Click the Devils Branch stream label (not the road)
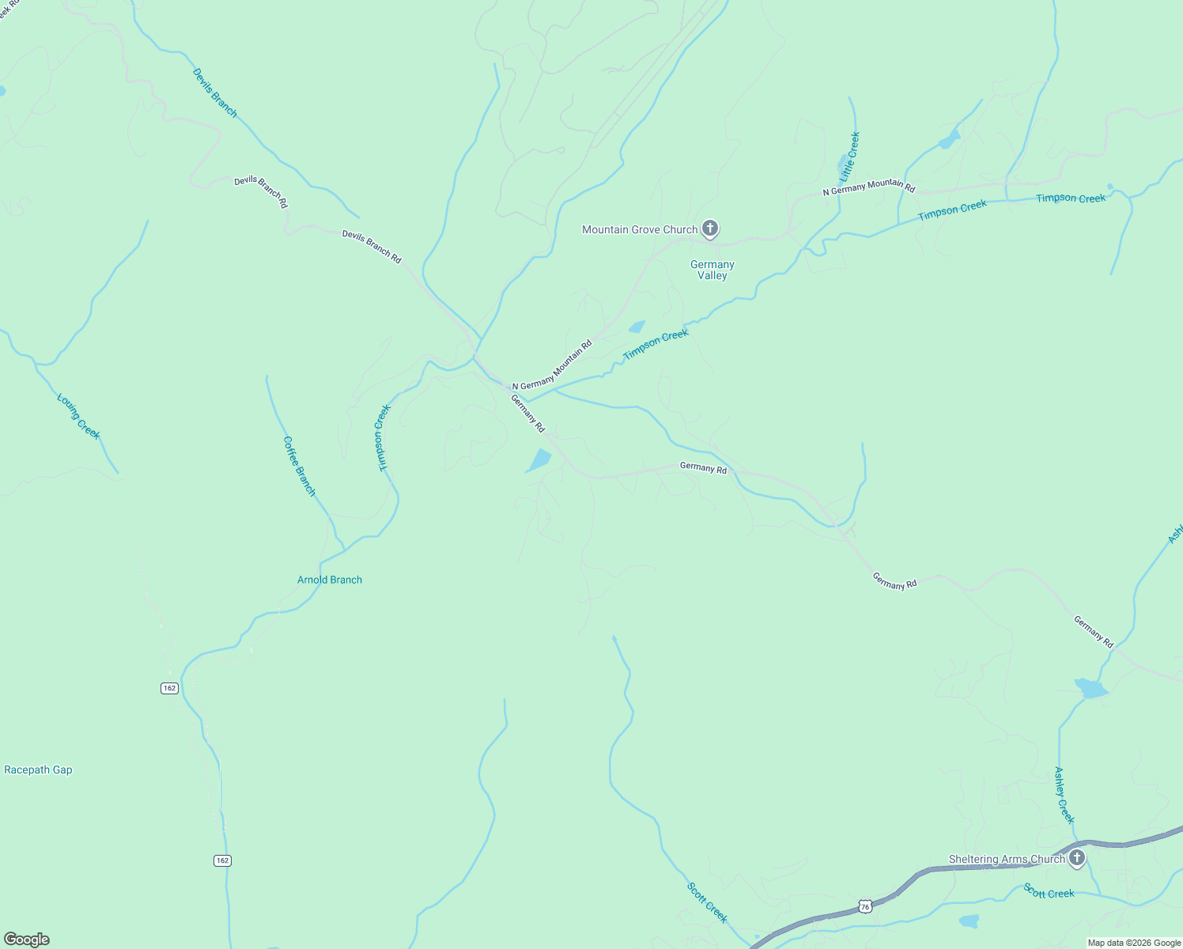coord(214,93)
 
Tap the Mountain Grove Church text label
coord(639,229)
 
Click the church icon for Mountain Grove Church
coord(710,229)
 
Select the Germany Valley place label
coord(712,270)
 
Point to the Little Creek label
coord(850,155)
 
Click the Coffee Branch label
coord(299,466)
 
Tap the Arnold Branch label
coord(330,580)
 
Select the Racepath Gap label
coord(38,769)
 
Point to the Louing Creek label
coord(78,416)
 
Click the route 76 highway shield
coord(865,906)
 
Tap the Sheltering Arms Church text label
coord(1007,859)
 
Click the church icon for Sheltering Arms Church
coord(1076,858)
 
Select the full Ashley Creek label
coord(1064,795)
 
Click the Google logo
coord(26,940)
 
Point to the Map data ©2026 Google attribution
coord(1134,943)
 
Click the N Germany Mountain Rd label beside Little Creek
coord(868,187)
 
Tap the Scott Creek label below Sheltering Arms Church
coord(1049,892)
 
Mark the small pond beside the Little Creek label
coord(843,165)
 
